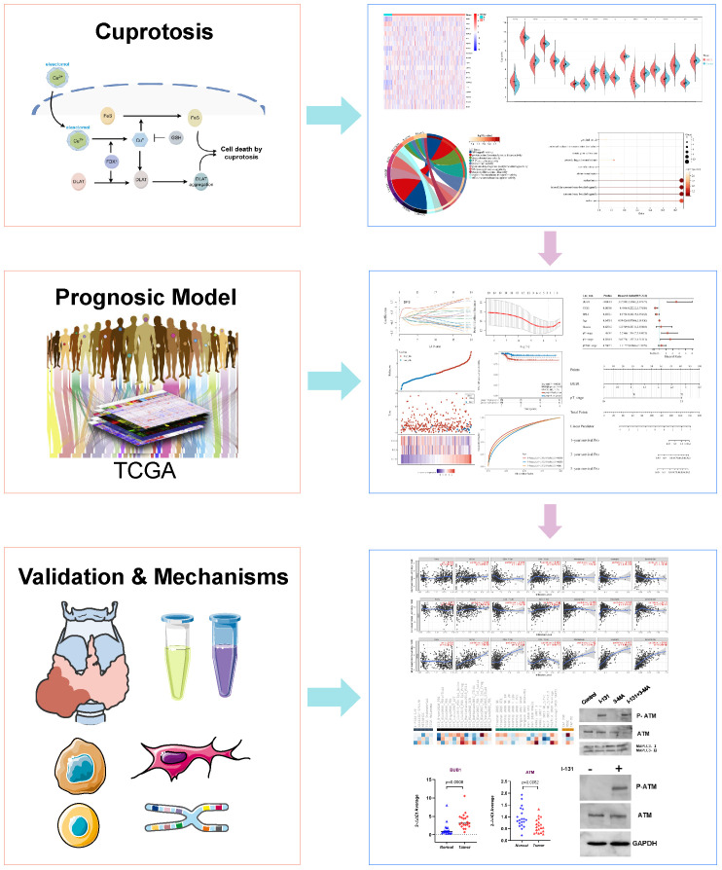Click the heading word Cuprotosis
click(x=156, y=33)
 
